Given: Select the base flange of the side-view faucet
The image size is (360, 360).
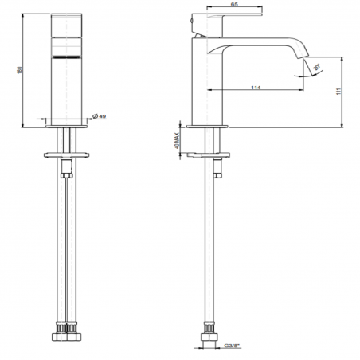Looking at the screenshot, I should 209,125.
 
